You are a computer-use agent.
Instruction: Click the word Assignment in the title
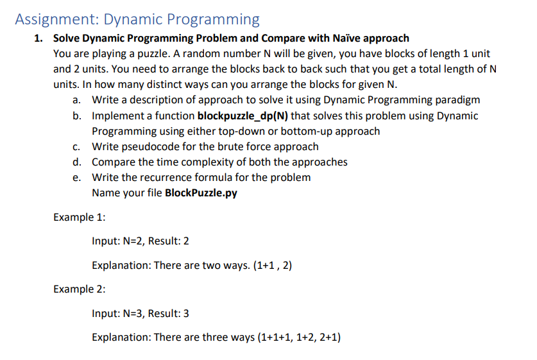click(57, 20)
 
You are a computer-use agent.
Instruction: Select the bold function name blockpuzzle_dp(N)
click(243, 116)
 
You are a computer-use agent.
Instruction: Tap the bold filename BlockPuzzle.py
click(201, 193)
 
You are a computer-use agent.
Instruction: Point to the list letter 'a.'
click(77, 100)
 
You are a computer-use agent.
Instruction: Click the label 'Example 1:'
click(80, 217)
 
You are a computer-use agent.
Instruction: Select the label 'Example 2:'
click(80, 289)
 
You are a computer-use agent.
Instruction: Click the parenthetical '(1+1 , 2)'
click(273, 266)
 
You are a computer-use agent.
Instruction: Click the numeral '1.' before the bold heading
click(38, 38)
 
